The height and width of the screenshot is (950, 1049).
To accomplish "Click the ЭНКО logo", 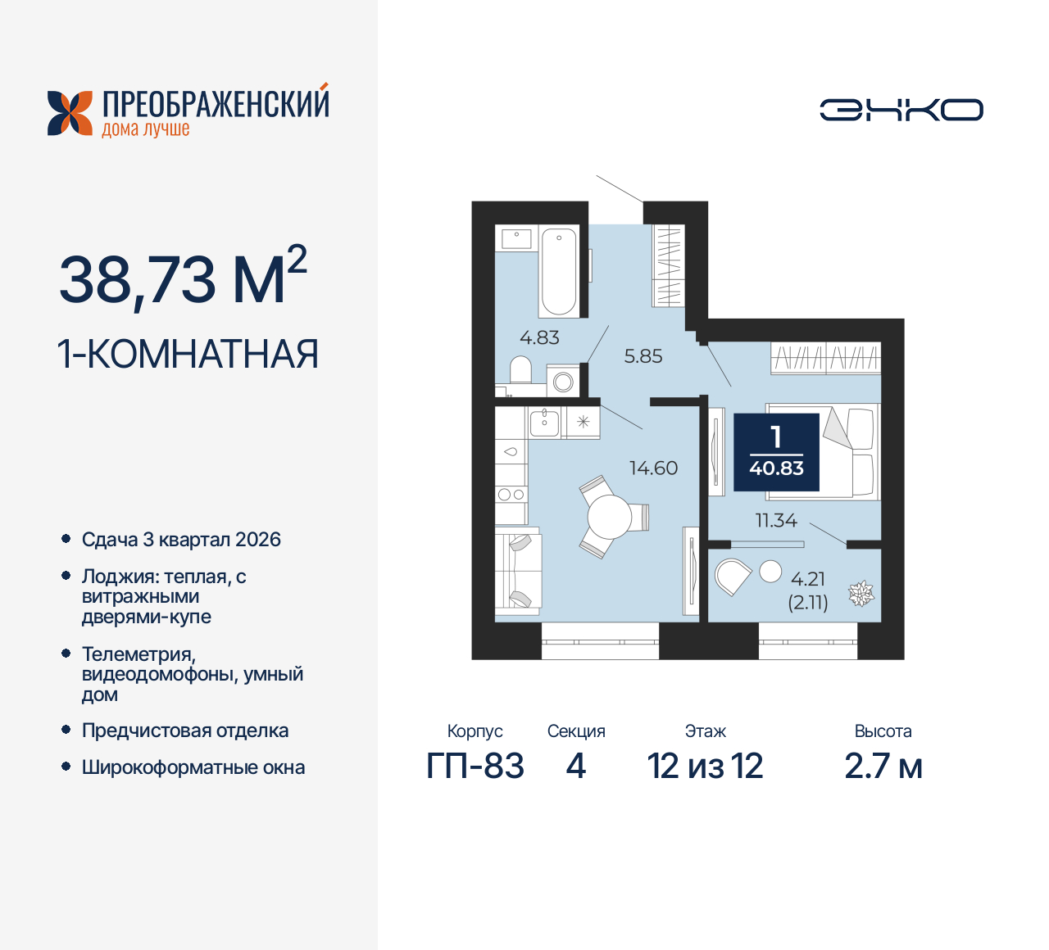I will click(901, 110).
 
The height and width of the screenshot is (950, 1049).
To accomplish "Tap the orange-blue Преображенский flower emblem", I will click(70, 113).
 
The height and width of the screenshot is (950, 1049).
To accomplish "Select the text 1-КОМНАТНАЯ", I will click(188, 355).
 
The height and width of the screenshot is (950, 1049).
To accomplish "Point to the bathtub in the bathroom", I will click(559, 271).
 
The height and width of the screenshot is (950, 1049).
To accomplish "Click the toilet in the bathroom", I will click(520, 370).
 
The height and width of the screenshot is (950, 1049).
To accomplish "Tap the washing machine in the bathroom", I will click(563, 381).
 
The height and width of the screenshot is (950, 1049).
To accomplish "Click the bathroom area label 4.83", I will click(539, 337).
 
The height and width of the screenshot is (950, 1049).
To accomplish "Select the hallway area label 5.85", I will click(643, 356).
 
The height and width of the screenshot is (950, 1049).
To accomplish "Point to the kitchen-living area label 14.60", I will click(653, 468).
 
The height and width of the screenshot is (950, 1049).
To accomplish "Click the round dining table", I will click(609, 517).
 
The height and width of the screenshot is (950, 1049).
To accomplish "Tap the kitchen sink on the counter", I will click(543, 423).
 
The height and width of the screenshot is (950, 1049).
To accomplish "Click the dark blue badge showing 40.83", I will click(776, 452).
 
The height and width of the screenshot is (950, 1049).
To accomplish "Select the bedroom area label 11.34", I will click(775, 520).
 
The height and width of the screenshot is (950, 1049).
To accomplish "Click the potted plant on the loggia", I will click(861, 594).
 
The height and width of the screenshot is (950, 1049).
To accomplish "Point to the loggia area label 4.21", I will click(807, 579).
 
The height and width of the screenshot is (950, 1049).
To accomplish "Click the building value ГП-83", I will click(475, 767).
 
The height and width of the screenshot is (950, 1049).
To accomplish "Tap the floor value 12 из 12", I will click(705, 767).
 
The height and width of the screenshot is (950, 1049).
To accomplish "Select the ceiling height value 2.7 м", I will click(883, 767).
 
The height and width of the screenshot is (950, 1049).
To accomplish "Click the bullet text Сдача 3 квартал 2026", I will click(181, 540).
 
